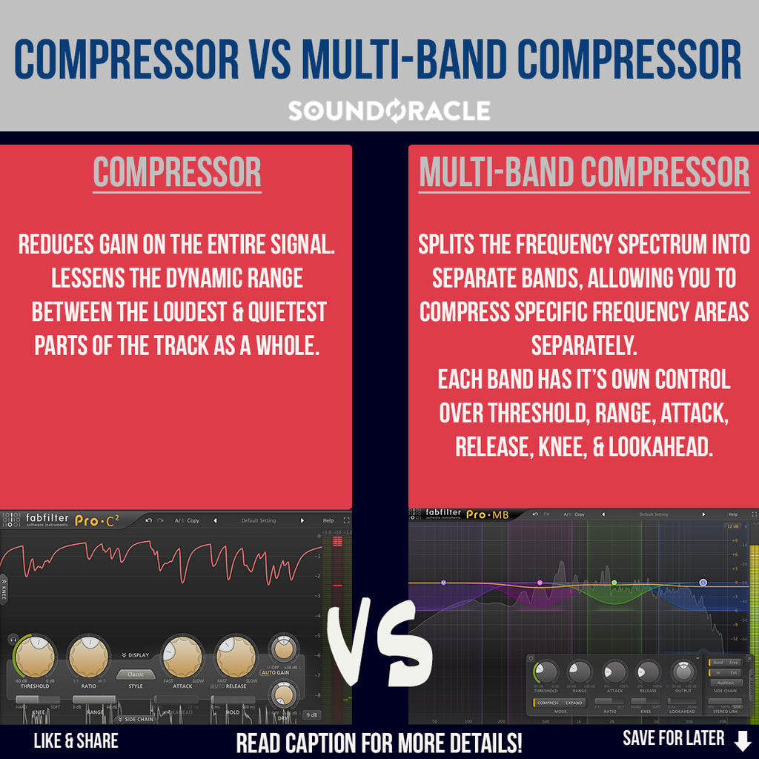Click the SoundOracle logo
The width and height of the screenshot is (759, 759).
(x=388, y=111)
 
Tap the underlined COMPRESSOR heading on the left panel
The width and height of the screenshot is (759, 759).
(x=177, y=173)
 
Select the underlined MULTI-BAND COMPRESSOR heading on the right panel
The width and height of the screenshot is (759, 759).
(x=583, y=173)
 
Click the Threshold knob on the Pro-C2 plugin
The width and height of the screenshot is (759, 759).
(x=34, y=656)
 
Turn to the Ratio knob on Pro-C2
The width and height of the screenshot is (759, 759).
(x=88, y=656)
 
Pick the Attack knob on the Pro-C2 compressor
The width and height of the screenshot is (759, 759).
(x=182, y=656)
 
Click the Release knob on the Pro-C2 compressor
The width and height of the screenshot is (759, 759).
(x=236, y=656)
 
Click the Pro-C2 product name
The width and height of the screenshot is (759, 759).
(x=96, y=520)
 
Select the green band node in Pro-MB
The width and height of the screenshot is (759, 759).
(x=614, y=583)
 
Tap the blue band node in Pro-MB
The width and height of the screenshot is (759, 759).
(x=703, y=583)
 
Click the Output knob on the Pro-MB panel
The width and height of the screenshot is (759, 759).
(x=683, y=672)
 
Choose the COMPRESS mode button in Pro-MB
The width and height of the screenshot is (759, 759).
(x=548, y=703)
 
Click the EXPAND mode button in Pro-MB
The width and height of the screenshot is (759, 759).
(x=574, y=703)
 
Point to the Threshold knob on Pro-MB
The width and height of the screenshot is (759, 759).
(x=546, y=672)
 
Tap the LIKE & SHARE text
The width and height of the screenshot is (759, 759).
(x=76, y=740)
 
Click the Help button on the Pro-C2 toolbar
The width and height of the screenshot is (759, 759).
(x=328, y=520)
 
